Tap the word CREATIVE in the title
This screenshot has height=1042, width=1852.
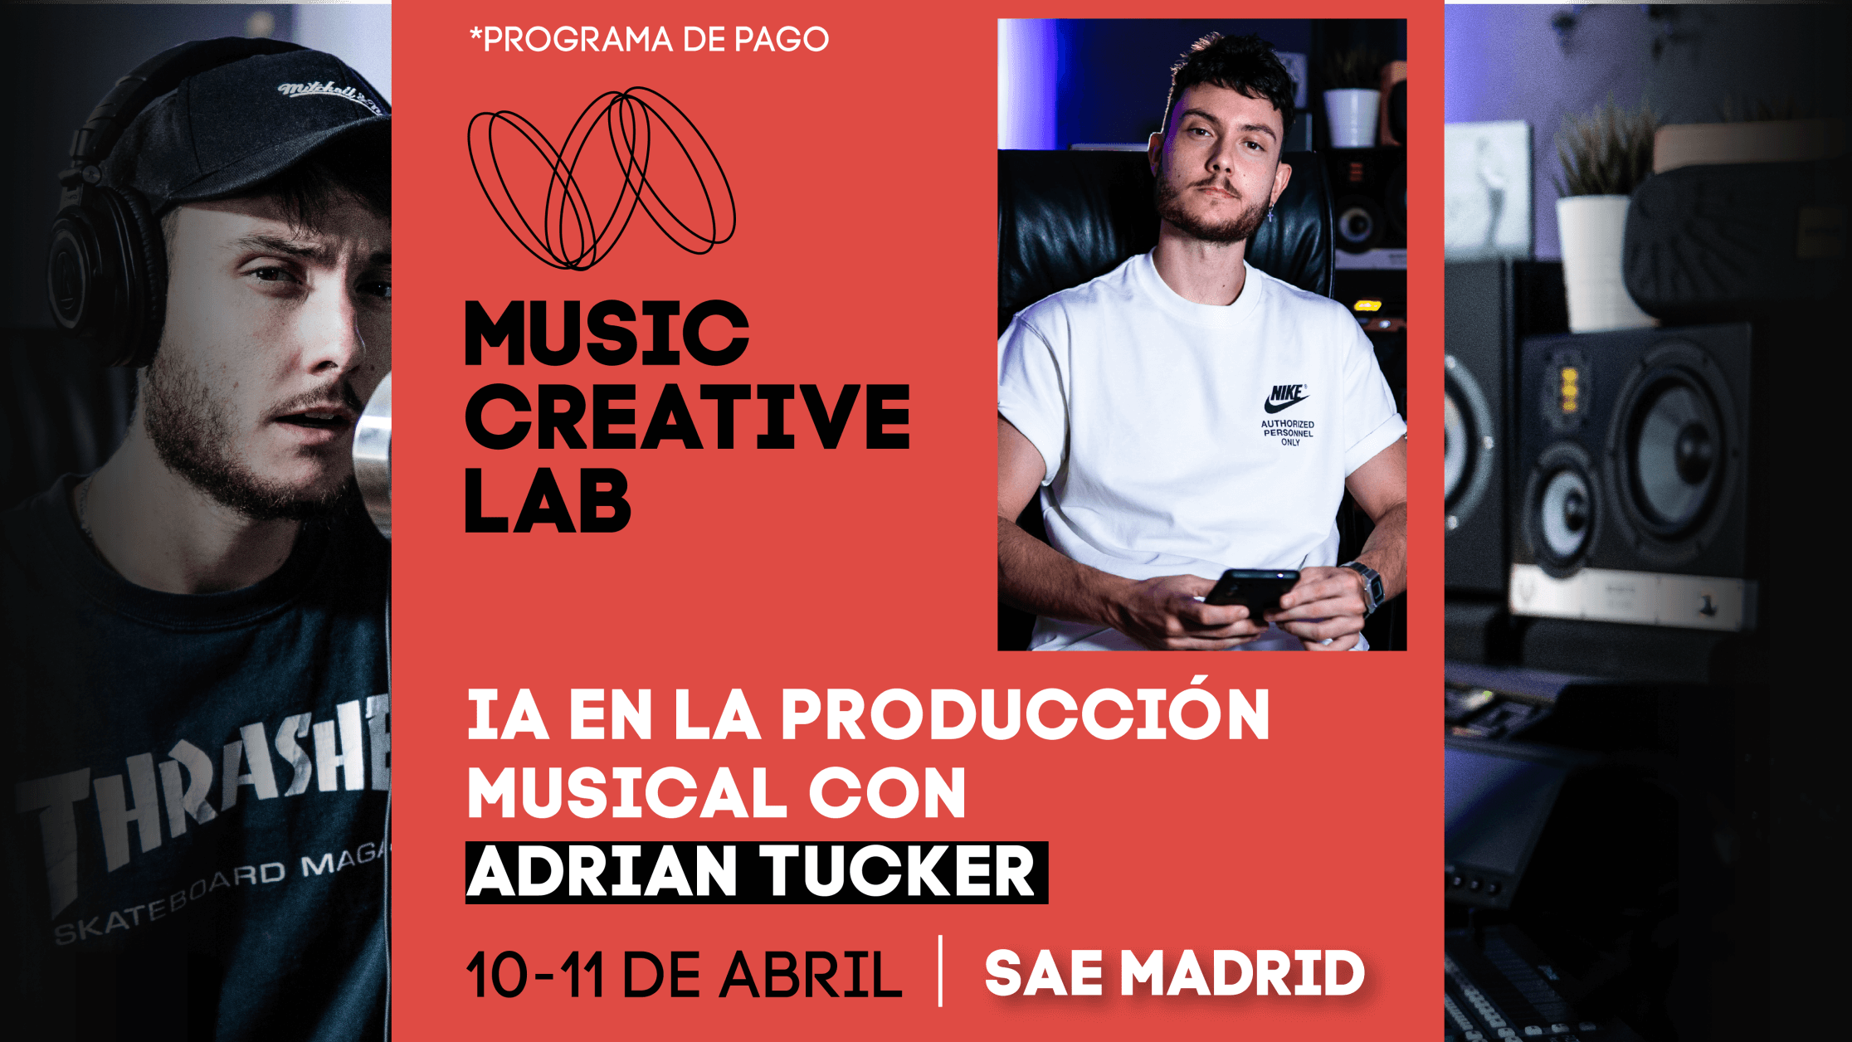click(688, 416)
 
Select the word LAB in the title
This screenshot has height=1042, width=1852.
click(548, 501)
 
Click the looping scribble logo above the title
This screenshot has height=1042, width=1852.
click(602, 178)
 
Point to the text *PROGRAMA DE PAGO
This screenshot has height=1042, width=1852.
click(649, 40)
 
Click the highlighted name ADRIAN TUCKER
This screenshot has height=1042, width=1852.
click(757, 872)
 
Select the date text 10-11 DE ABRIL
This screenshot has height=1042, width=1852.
click(684, 975)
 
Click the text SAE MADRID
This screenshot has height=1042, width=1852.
click(1174, 973)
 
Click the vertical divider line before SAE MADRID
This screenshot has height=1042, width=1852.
click(941, 971)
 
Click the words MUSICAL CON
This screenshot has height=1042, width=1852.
click(717, 792)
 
